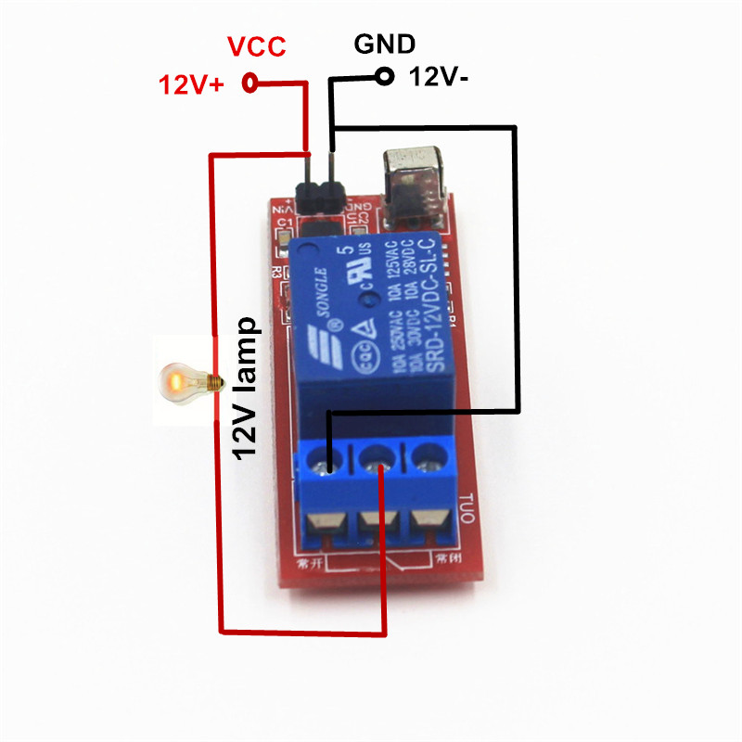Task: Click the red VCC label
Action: pyautogui.click(x=257, y=47)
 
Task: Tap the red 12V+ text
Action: pyautogui.click(x=191, y=85)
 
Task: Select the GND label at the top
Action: pyautogui.click(x=385, y=45)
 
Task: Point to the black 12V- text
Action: pyautogui.click(x=440, y=79)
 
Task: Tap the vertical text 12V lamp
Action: pyautogui.click(x=247, y=389)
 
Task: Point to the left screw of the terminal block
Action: pyautogui.click(x=328, y=459)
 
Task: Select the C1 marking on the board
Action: pyautogui.click(x=285, y=224)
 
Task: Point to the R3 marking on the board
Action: pyautogui.click(x=275, y=272)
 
